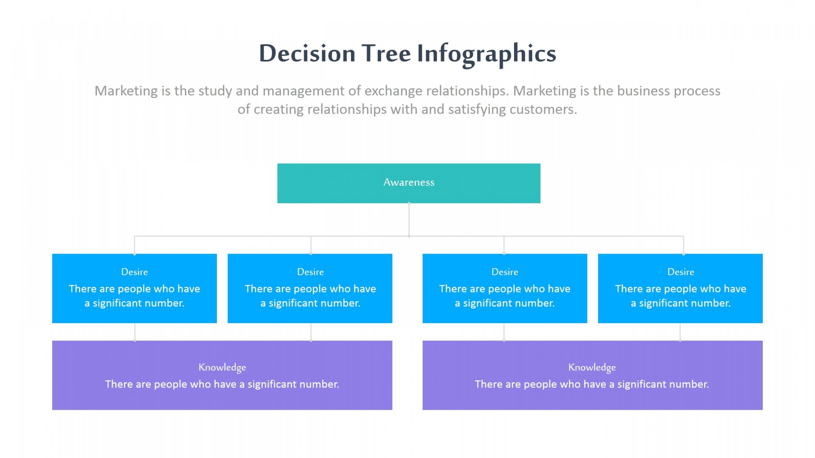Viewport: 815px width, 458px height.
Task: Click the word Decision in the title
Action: [x=307, y=53]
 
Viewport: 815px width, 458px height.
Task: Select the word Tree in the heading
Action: [x=386, y=53]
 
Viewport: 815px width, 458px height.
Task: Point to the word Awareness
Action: [x=409, y=182]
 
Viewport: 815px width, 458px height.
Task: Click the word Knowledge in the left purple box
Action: [x=222, y=367]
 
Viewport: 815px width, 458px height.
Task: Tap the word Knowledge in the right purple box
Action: [x=592, y=367]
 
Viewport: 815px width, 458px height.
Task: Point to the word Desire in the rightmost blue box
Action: [x=680, y=272]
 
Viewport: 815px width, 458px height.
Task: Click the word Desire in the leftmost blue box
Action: [x=135, y=272]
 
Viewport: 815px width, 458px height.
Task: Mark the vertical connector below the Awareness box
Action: [x=409, y=219]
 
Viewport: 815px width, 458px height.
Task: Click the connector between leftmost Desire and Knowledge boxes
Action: [x=135, y=332]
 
